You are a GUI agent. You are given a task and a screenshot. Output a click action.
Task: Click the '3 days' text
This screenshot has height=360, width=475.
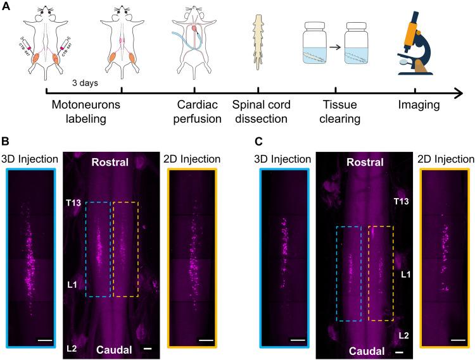85,82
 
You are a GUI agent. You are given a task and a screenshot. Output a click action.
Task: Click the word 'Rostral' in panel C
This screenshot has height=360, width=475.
364,163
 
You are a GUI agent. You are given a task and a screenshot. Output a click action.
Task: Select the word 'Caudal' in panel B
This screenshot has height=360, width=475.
114,349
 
